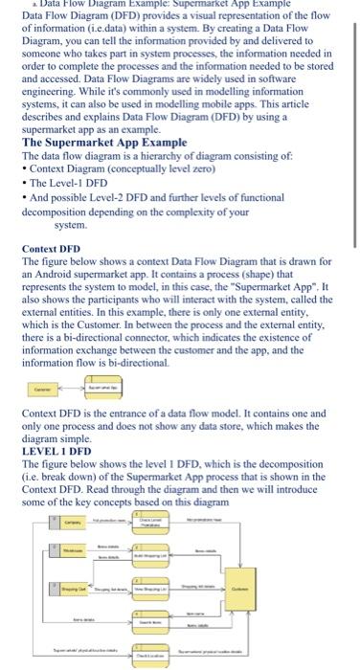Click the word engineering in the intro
click(x=50, y=89)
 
